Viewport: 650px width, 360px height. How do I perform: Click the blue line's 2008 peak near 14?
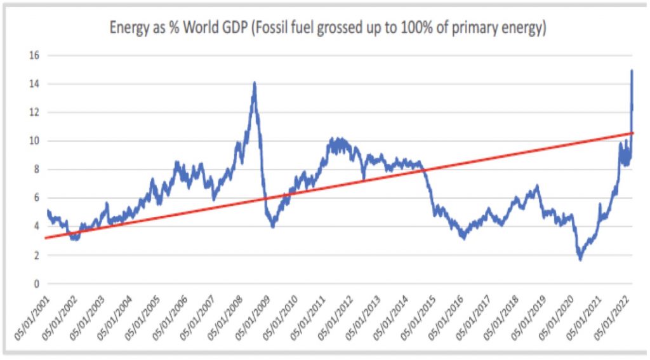pos(255,83)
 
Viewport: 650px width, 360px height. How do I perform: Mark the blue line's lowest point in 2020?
pos(580,259)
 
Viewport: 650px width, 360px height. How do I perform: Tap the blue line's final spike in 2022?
pos(632,70)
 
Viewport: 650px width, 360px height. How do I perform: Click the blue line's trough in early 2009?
pos(273,226)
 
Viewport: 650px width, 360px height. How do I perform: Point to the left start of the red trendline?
pos(46,238)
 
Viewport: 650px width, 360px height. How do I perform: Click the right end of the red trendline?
pos(633,133)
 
